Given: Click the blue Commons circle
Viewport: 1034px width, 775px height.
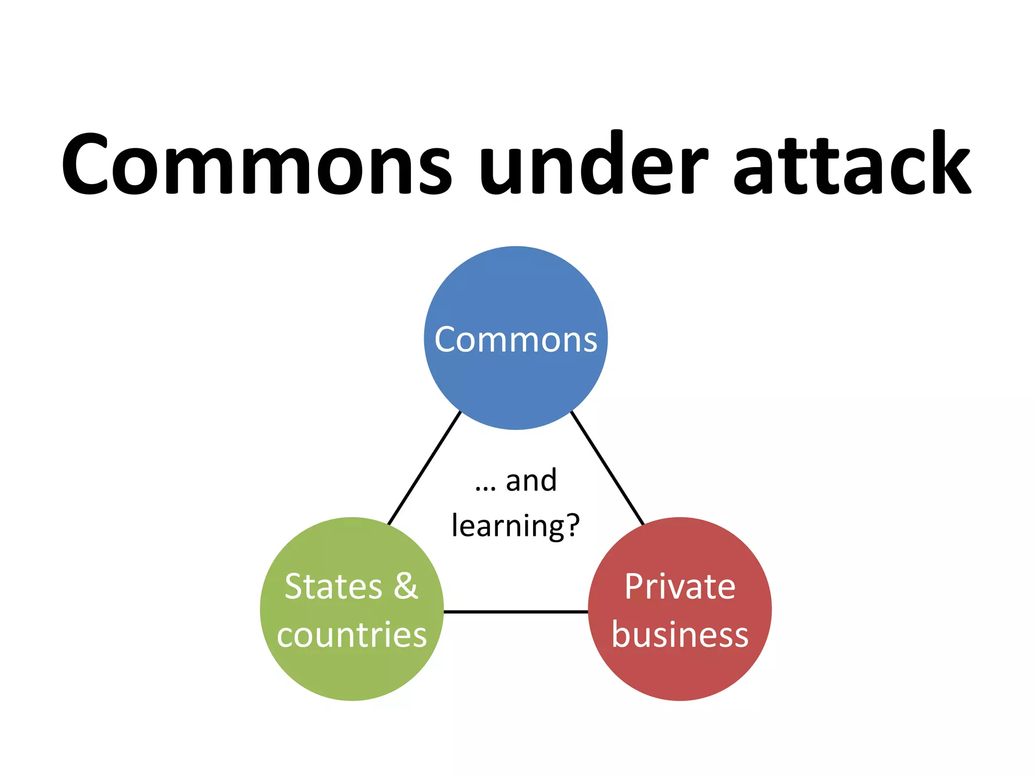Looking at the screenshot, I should [x=515, y=383].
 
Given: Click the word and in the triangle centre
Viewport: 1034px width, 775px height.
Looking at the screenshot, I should [x=531, y=480].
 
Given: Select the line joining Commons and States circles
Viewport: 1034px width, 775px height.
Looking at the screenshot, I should [x=424, y=468].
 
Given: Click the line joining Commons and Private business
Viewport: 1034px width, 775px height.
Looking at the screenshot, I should [x=607, y=468].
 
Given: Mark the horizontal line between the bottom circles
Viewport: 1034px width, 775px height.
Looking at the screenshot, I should [x=515, y=612].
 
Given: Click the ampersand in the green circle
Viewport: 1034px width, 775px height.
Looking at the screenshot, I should [x=406, y=586].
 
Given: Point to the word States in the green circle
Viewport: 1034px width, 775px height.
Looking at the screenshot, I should [x=333, y=587].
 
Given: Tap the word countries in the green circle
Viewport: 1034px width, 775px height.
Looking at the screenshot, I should [x=352, y=634].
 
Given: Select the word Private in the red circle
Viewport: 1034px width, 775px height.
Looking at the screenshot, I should [x=680, y=587].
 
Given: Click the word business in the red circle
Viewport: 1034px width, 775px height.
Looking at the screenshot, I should [x=680, y=634].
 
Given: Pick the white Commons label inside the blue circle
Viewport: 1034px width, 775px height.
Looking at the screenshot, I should [x=515, y=340].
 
